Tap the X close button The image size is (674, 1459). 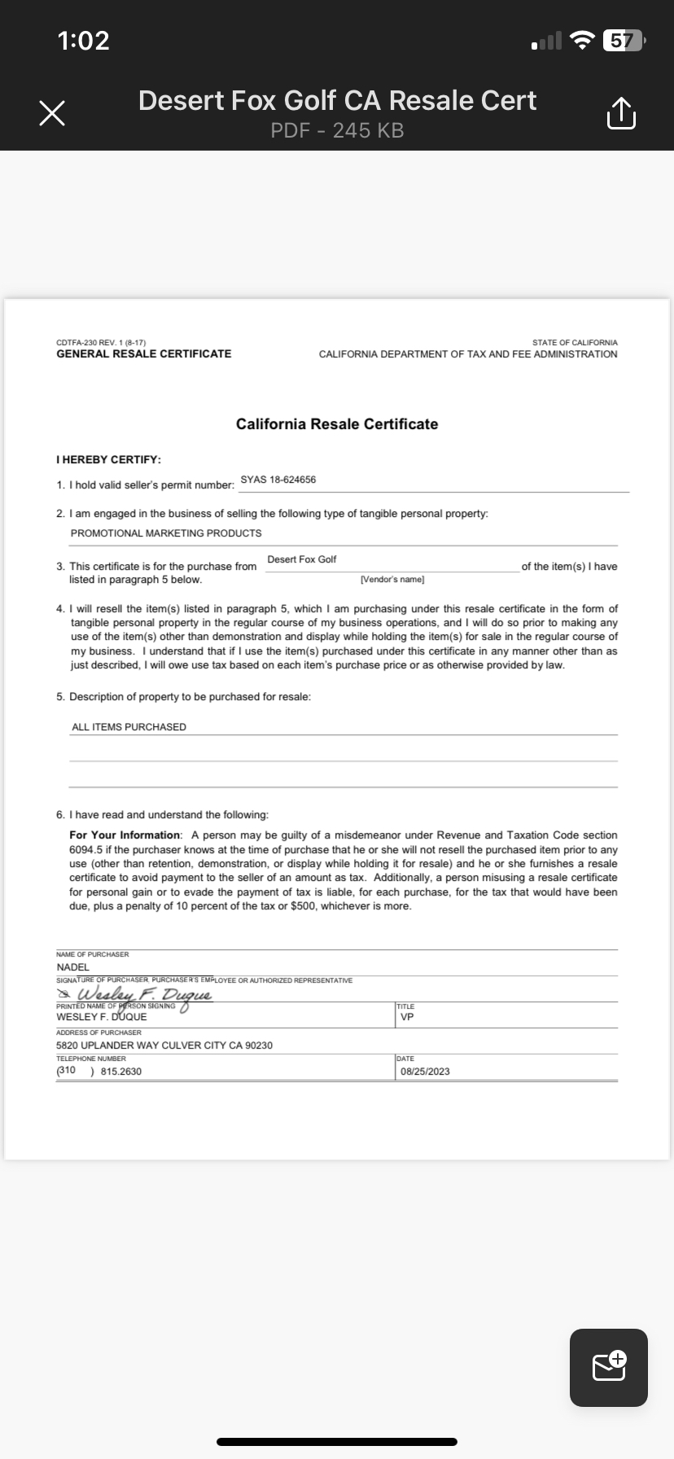tap(52, 114)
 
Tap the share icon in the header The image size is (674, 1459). tap(620, 114)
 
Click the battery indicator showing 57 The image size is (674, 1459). tap(623, 40)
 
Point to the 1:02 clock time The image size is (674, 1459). tap(83, 40)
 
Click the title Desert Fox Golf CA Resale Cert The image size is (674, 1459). tap(337, 100)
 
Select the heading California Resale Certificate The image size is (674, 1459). tap(337, 424)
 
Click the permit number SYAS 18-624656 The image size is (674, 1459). tap(278, 480)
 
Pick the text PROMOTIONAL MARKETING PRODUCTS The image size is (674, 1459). tap(166, 533)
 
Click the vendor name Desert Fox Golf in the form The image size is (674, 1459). tap(302, 559)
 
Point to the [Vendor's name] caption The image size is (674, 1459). tap(392, 579)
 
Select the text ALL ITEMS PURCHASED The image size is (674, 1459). tap(129, 727)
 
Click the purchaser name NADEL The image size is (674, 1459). tap(73, 967)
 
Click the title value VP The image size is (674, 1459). tap(407, 1017)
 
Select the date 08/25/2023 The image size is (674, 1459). tap(425, 1071)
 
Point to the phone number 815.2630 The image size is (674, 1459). tap(120, 1071)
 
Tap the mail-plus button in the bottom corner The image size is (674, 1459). tap(609, 1368)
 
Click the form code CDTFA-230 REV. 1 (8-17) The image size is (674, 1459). tap(101, 343)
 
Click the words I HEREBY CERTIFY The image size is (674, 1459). tap(108, 460)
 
